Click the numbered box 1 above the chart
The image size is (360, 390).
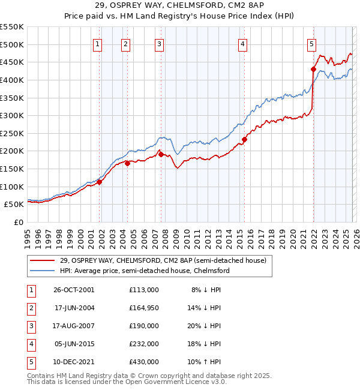pyautogui.click(x=98, y=43)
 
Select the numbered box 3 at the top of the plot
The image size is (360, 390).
pyautogui.click(x=160, y=43)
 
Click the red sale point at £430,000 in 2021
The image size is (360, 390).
pyautogui.click(x=313, y=69)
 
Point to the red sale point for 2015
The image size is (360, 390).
pyautogui.click(x=244, y=140)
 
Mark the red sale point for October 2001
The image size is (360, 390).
pyautogui.click(x=100, y=182)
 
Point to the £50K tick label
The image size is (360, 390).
pyautogui.click(x=14, y=205)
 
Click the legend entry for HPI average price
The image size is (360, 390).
pyautogui.click(x=145, y=271)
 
